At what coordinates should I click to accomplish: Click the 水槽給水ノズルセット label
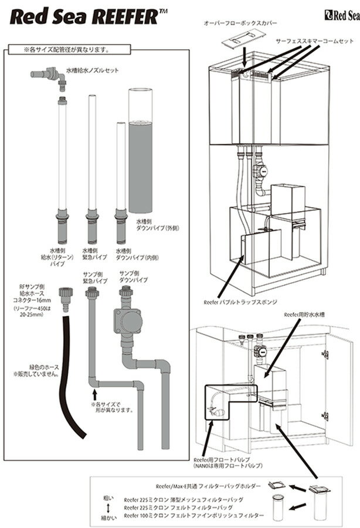(93, 70)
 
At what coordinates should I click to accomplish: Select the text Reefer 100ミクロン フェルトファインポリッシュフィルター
(194, 516)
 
